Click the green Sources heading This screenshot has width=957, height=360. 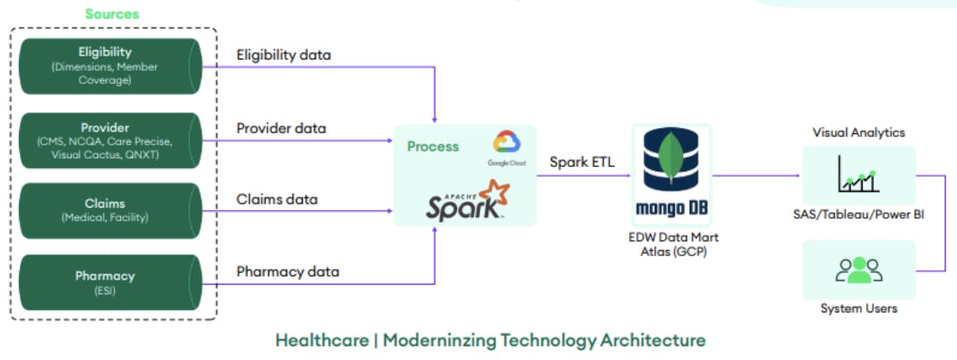112,14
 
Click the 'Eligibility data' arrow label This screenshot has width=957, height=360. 284,55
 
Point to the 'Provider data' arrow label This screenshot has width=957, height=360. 281,128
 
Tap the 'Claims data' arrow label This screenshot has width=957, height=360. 277,200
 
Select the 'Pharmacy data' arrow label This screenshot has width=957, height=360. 287,272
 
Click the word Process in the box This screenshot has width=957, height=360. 433,146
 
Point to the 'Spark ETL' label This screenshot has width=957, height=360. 582,161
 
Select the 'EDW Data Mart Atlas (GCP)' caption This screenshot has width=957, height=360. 671,243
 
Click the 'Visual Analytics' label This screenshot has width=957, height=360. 858,132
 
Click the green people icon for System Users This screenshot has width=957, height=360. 858,270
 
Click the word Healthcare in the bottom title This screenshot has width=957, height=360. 321,340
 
